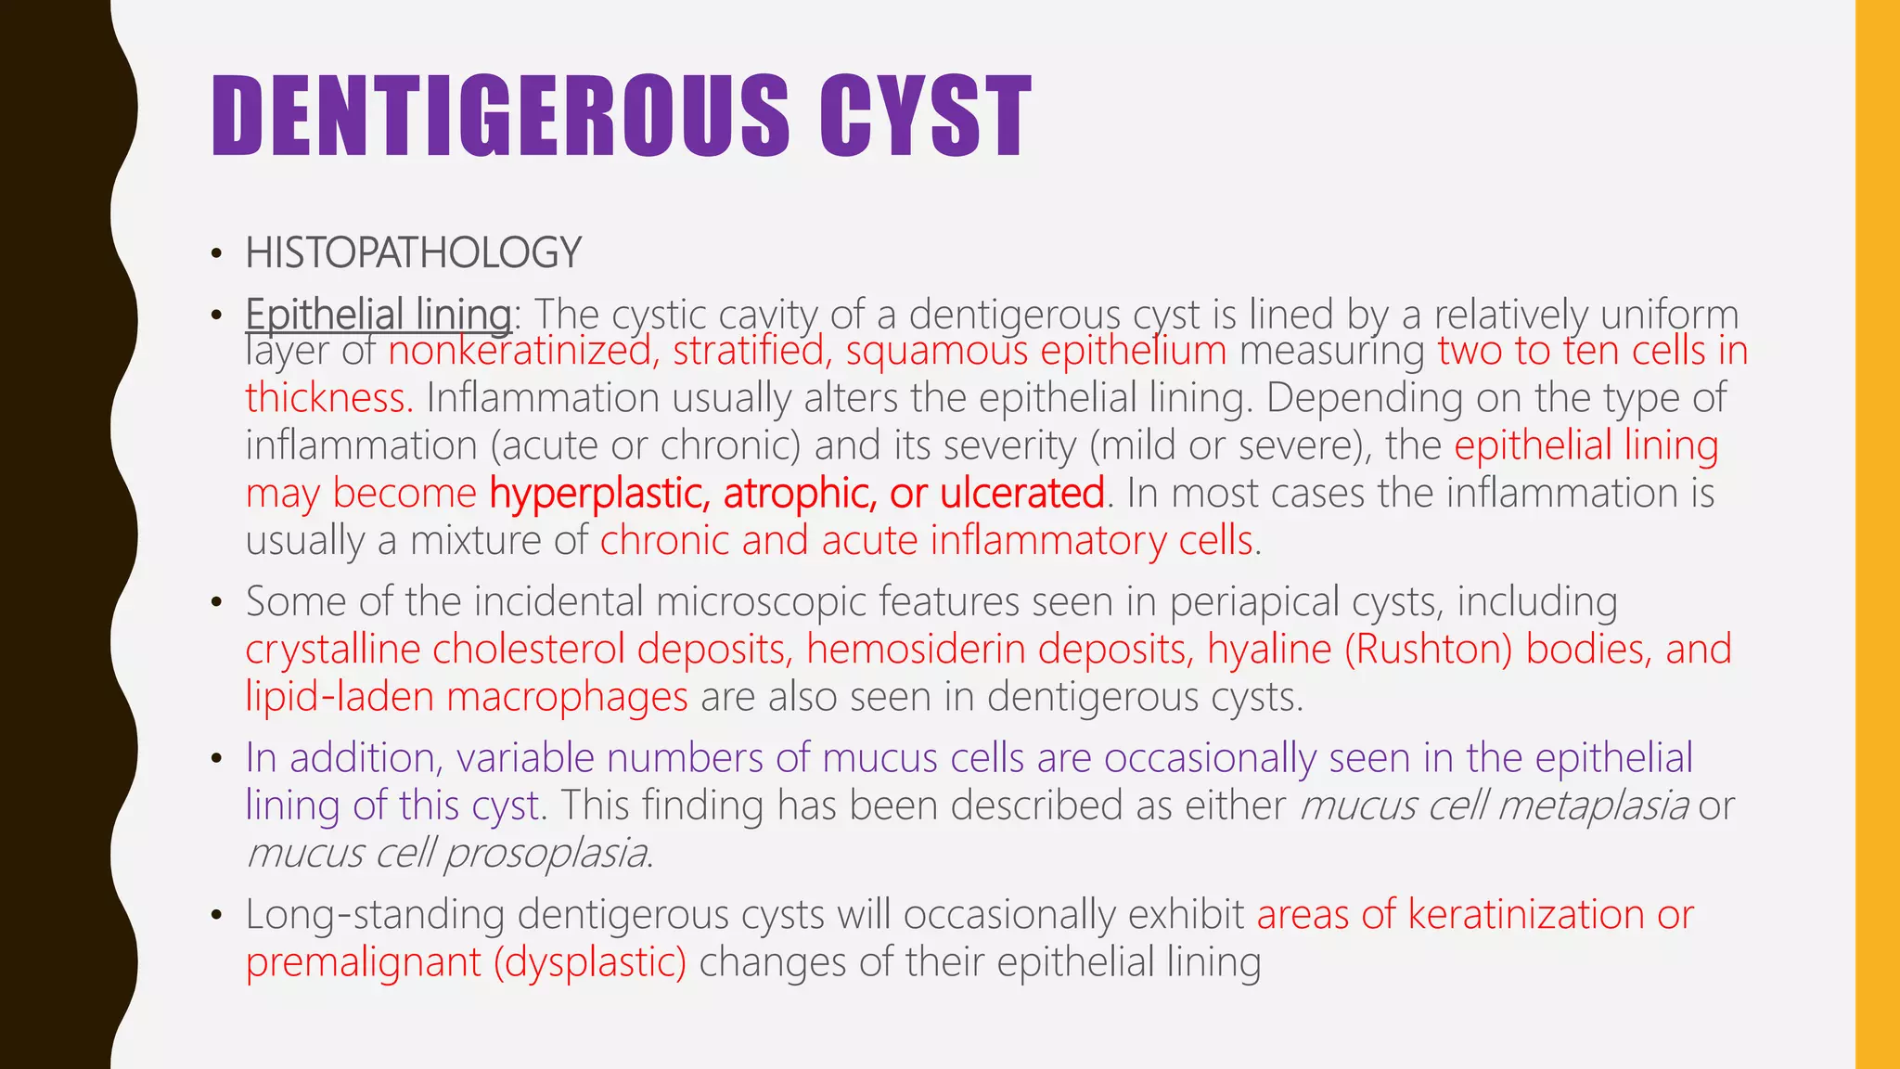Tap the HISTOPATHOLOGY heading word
coord(413,253)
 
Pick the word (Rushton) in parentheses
coord(1429,649)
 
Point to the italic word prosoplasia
coord(546,853)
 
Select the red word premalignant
coord(363,962)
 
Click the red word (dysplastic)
coord(590,962)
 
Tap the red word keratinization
coord(1526,915)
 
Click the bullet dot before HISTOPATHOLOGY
coord(216,254)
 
